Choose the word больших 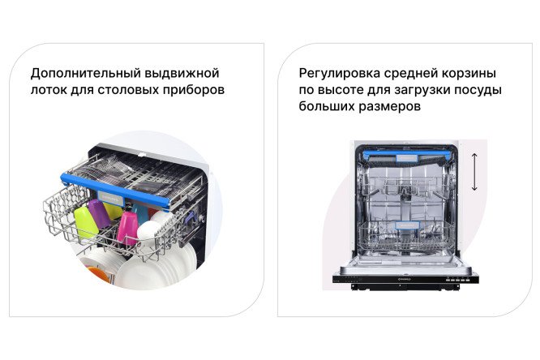pos(324,107)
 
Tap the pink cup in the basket pos(128,227)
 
